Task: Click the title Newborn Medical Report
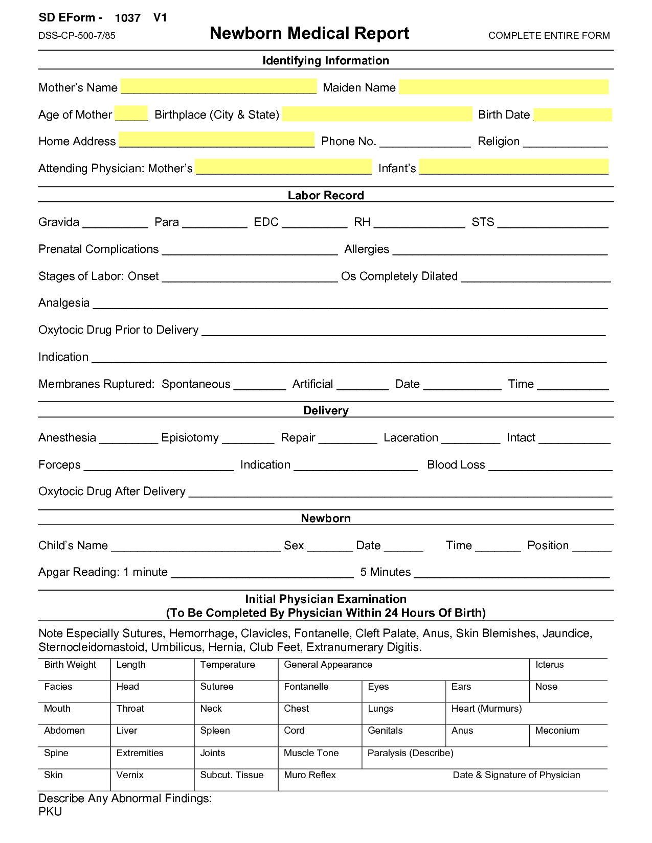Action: pyautogui.click(x=309, y=34)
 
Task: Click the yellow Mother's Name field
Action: pyautogui.click(x=218, y=86)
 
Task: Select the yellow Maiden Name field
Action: pyautogui.click(x=504, y=87)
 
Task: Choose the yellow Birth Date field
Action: pyautogui.click(x=573, y=114)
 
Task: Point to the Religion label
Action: pyautogui.click(x=498, y=142)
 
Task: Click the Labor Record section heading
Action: pyautogui.click(x=326, y=195)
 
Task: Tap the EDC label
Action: pyautogui.click(x=266, y=222)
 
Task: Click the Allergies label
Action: pyautogui.click(x=367, y=249)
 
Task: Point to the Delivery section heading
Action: pyautogui.click(x=326, y=411)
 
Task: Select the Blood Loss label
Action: pyautogui.click(x=456, y=465)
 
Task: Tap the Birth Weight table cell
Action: pyautogui.click(x=74, y=669)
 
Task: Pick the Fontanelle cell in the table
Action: pyautogui.click(x=320, y=691)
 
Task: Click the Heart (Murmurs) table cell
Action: pyautogui.click(x=527, y=713)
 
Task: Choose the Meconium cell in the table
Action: pyautogui.click(x=568, y=735)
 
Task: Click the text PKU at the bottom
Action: pyautogui.click(x=50, y=812)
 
